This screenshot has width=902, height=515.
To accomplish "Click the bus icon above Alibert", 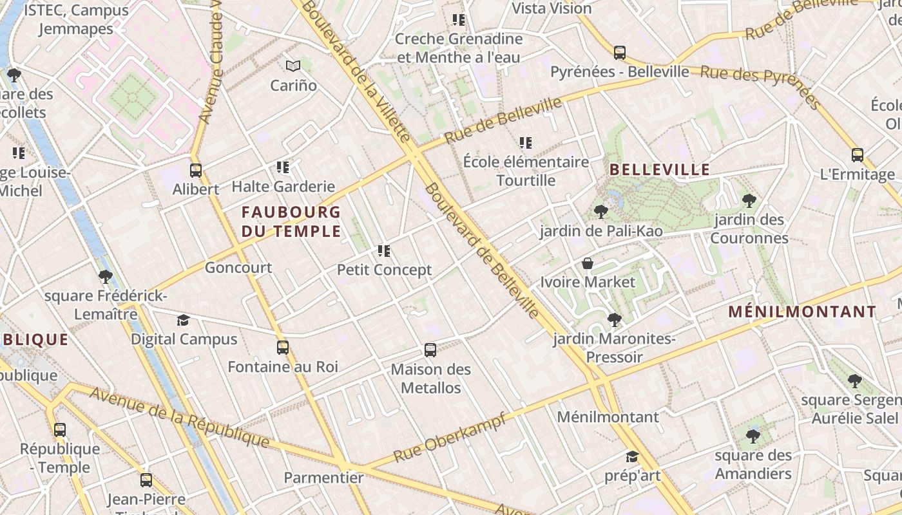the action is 196,171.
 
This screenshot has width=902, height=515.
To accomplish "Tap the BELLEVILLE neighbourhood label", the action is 659,170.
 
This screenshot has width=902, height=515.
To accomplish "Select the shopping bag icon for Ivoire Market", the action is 587,263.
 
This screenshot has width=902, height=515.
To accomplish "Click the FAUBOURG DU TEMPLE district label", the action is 291,221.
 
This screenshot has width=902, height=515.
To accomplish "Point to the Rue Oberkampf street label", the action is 448,437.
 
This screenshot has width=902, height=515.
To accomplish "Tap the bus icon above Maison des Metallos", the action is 430,350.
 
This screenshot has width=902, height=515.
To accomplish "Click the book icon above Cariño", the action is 293,66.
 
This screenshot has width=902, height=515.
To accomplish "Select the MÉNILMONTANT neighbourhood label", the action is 802,312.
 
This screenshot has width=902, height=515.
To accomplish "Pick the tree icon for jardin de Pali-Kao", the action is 600,211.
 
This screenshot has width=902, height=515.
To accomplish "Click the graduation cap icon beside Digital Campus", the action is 184,320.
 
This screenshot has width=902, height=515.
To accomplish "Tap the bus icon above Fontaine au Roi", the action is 282,348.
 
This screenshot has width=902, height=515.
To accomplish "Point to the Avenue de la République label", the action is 179,417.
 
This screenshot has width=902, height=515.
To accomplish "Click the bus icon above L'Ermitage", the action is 857,155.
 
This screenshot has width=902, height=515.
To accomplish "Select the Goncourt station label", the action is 238,268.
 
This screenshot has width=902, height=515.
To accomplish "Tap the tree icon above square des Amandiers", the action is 753,436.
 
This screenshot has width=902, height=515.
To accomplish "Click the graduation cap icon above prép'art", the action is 632,456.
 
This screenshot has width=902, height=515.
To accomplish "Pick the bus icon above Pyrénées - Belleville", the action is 619,53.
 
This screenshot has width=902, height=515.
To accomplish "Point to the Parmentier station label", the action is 324,478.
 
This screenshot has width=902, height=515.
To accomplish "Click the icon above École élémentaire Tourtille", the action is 526,142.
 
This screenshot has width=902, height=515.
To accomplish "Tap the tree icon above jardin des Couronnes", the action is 749,200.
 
